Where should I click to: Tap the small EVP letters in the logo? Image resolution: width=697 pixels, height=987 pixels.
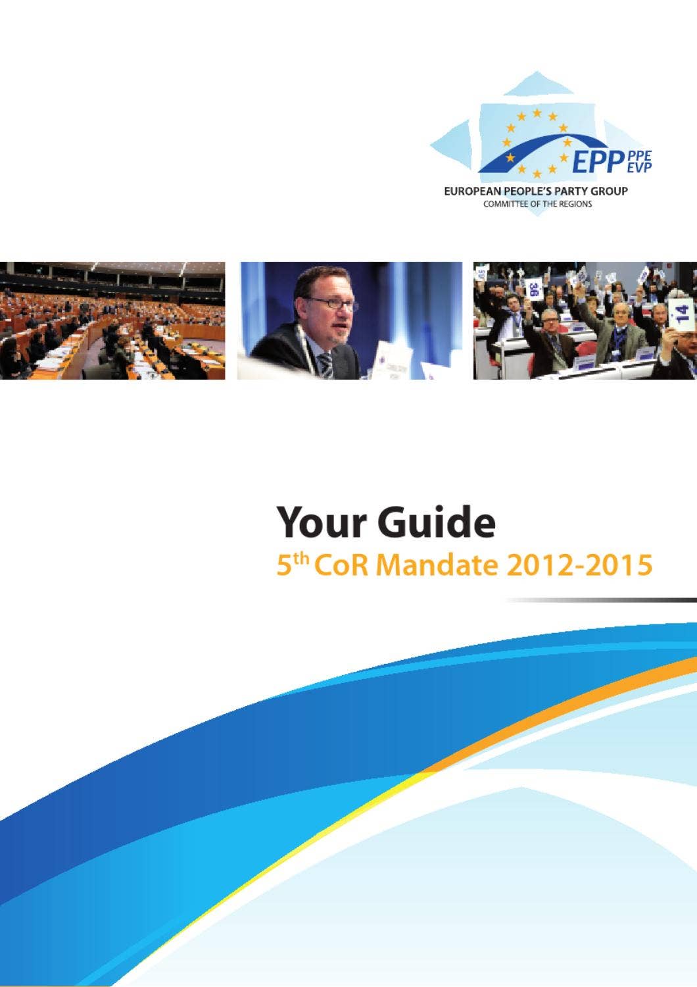(x=640, y=168)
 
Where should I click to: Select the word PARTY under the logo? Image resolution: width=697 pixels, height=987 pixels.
(x=568, y=191)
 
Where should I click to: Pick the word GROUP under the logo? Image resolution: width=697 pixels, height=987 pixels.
(x=609, y=191)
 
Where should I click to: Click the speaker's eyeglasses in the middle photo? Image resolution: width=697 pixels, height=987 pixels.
(x=330, y=303)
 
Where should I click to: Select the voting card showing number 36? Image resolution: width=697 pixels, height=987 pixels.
(x=535, y=288)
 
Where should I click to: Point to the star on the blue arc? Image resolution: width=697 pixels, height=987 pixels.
(x=566, y=141)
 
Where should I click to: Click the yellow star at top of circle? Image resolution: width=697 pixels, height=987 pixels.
(x=537, y=113)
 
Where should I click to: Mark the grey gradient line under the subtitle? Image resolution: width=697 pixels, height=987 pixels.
(x=601, y=600)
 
